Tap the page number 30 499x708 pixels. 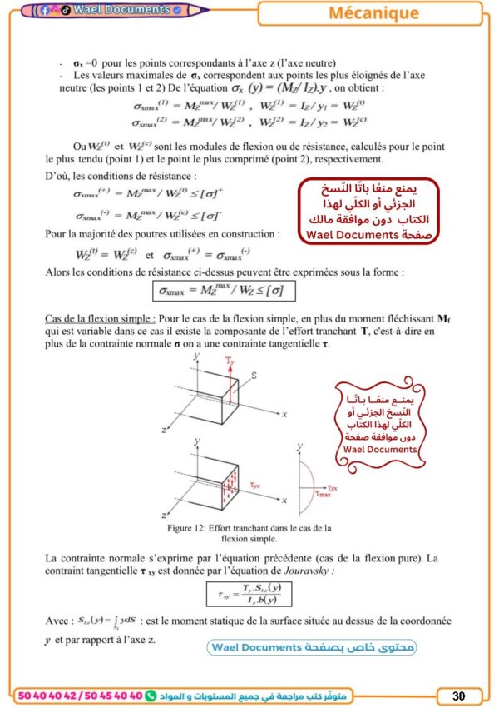pos(459,695)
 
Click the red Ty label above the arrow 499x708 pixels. pos(230,360)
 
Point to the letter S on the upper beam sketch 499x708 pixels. pos(254,376)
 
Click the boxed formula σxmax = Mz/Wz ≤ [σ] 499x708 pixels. pos(224,291)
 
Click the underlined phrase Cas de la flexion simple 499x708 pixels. pos(99,319)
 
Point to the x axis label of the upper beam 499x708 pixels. pos(284,413)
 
